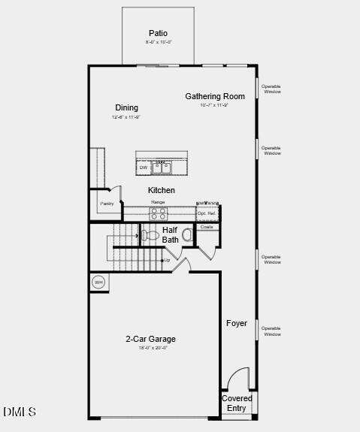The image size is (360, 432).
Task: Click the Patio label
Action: (158, 33)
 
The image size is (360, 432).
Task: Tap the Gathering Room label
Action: (215, 96)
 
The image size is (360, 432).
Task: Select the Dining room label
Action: (126, 107)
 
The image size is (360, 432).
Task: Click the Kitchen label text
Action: (161, 190)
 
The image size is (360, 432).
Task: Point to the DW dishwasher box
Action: (143, 168)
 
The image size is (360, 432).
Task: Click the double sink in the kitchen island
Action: (162, 167)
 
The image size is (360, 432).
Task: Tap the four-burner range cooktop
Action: (158, 213)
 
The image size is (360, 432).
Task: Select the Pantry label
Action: (107, 204)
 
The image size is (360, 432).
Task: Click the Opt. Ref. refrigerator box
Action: (207, 213)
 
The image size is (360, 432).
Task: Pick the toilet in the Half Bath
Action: (151, 235)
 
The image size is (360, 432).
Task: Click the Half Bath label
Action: (171, 234)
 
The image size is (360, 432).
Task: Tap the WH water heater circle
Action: (98, 282)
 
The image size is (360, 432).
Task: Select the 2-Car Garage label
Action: (150, 339)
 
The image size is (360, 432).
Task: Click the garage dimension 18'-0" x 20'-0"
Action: (153, 348)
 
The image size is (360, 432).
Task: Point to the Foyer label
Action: (237, 323)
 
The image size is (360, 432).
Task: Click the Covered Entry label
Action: (237, 403)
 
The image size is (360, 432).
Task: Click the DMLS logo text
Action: (20, 412)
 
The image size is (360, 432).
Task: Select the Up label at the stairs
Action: (167, 260)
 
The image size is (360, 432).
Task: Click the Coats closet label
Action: (207, 226)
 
